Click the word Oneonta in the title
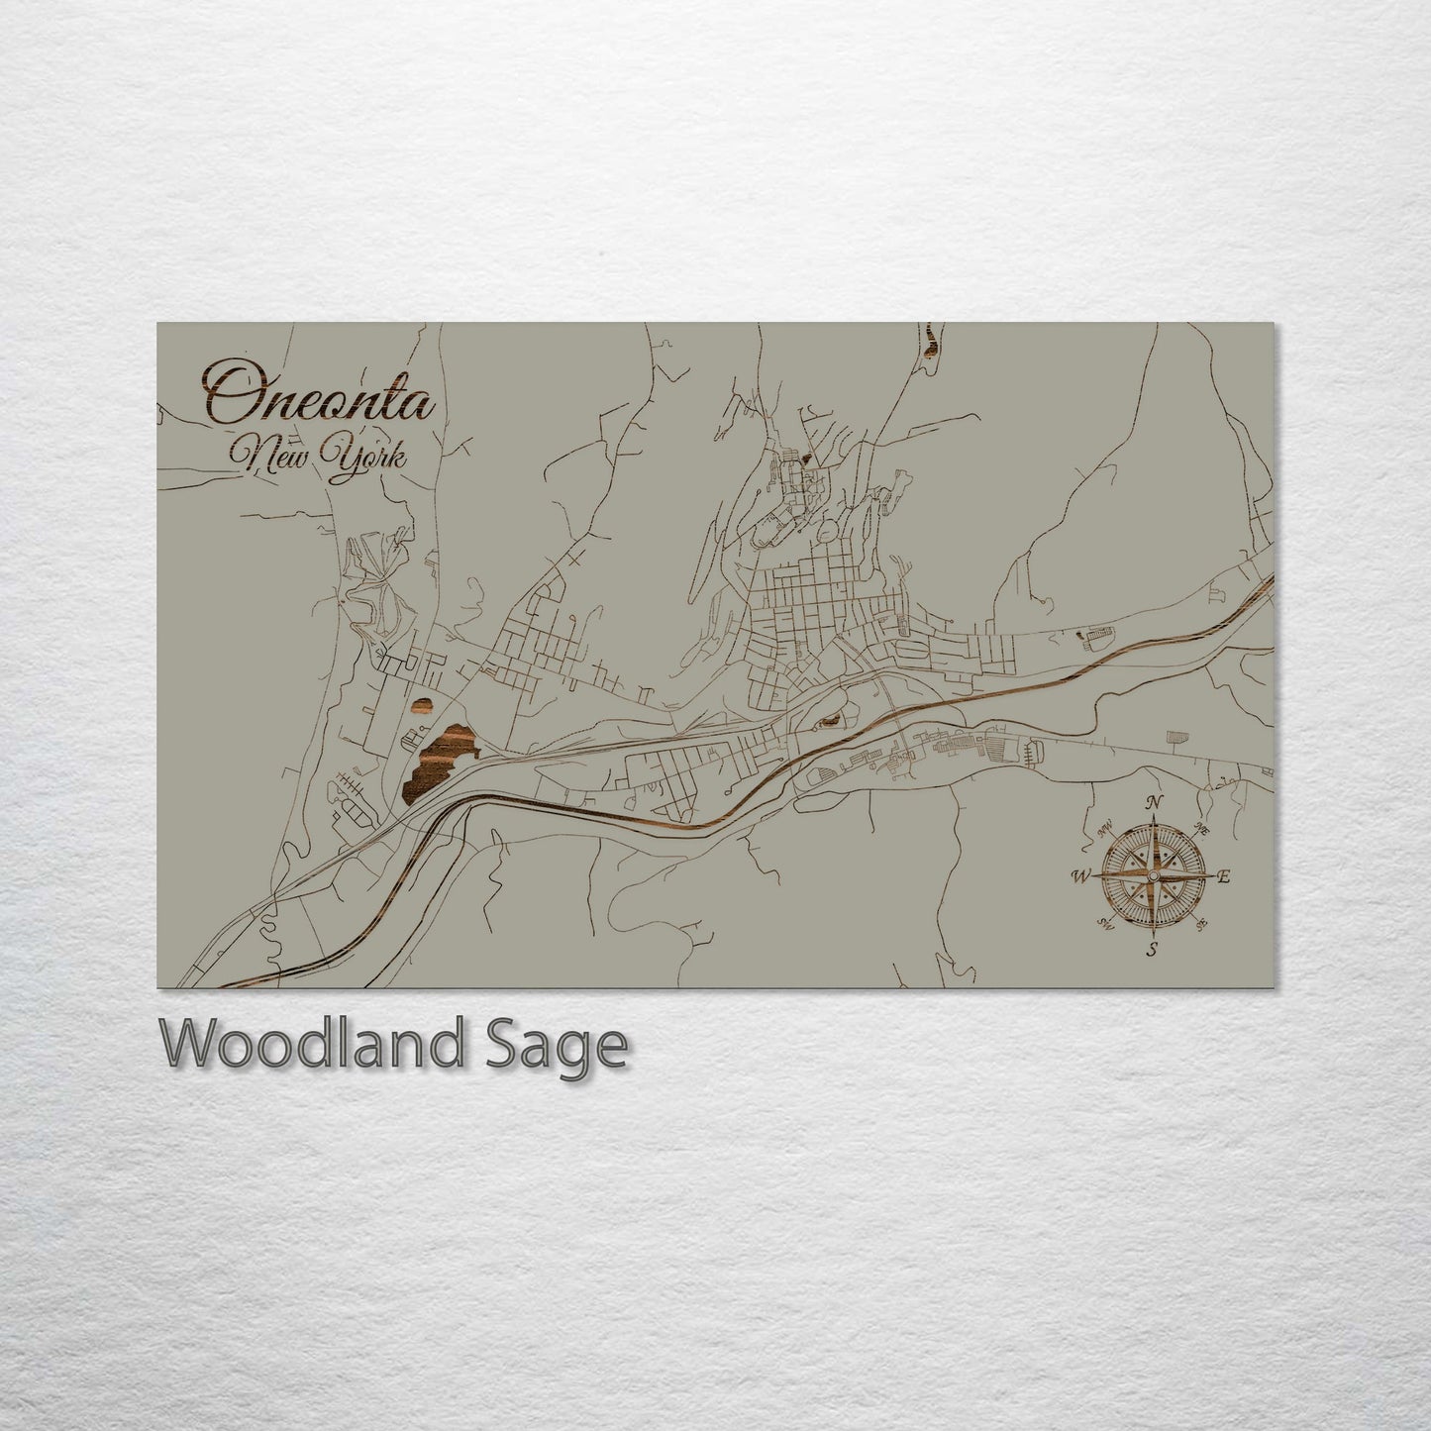pos(319,397)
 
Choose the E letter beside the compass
pos(1223,876)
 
